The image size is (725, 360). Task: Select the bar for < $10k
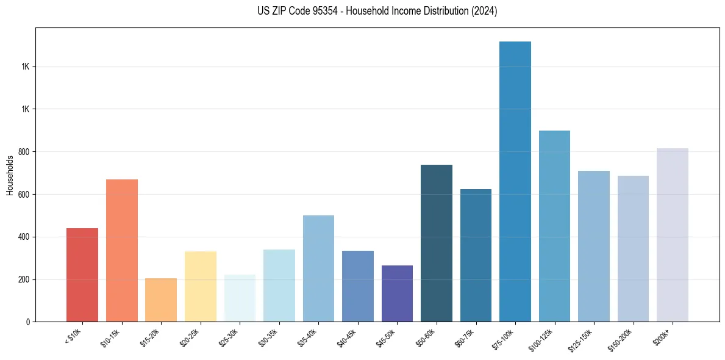(x=82, y=275)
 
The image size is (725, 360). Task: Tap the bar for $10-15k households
(x=122, y=251)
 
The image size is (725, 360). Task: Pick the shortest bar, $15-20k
(x=161, y=300)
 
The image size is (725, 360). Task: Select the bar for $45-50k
(x=397, y=293)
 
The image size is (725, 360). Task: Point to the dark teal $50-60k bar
(x=437, y=243)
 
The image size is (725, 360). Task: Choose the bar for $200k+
(x=673, y=235)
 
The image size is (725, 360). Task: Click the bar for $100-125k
(x=554, y=226)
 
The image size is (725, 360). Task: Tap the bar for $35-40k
(x=318, y=268)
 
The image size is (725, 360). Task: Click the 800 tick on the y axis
(x=24, y=152)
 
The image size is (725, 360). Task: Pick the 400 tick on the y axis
(x=24, y=237)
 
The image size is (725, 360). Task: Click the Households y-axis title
(x=10, y=175)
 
